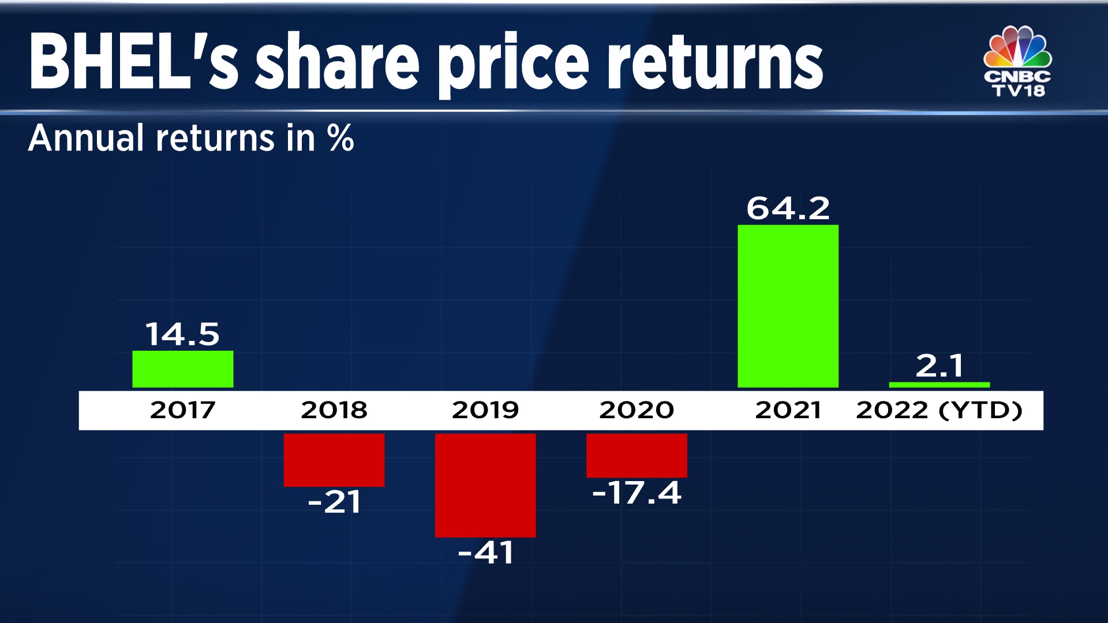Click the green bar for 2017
click(x=182, y=369)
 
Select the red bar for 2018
click(x=334, y=460)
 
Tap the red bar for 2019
click(x=485, y=485)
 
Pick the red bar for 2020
click(x=637, y=455)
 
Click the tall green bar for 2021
click(x=788, y=306)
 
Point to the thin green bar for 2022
click(x=939, y=385)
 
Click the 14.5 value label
click(x=182, y=335)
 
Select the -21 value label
click(x=334, y=502)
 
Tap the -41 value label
click(x=485, y=553)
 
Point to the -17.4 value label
click(x=637, y=493)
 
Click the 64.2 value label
click(x=788, y=208)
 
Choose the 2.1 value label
click(x=939, y=366)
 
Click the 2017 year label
click(x=182, y=410)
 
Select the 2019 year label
click(x=485, y=410)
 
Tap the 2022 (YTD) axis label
click(x=939, y=410)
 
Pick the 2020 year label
click(x=637, y=410)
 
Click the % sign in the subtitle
click(x=340, y=138)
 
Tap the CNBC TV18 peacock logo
click(x=1017, y=61)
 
